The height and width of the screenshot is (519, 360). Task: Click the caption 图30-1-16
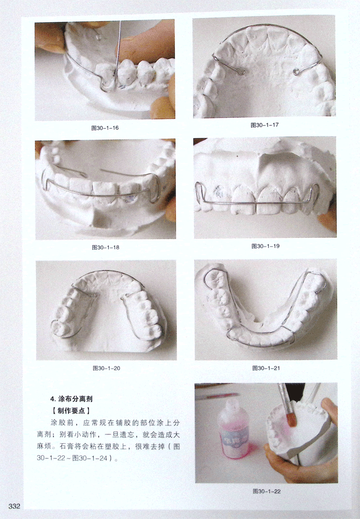pos(105,128)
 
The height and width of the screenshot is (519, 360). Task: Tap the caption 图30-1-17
pos(264,125)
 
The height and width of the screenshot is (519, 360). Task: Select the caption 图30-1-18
pos(106,248)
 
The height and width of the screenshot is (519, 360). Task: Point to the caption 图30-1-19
pos(266,246)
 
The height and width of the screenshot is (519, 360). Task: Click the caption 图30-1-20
pos(106,368)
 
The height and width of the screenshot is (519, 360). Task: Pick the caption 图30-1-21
pos(266,368)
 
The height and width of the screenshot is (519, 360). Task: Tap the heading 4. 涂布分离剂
pos(71,399)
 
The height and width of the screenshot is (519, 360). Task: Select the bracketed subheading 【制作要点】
pos(71,410)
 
